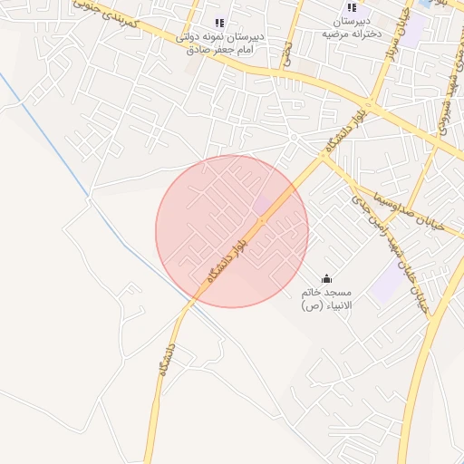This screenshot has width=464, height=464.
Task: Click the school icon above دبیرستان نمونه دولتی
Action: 218,23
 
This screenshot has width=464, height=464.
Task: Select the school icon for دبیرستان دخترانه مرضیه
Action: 352,7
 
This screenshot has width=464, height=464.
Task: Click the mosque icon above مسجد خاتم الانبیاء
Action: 326,278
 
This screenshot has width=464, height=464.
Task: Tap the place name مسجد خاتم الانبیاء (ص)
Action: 327,300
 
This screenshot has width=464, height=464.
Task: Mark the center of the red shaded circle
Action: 232,231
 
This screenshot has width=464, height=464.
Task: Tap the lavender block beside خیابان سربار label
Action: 412,32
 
